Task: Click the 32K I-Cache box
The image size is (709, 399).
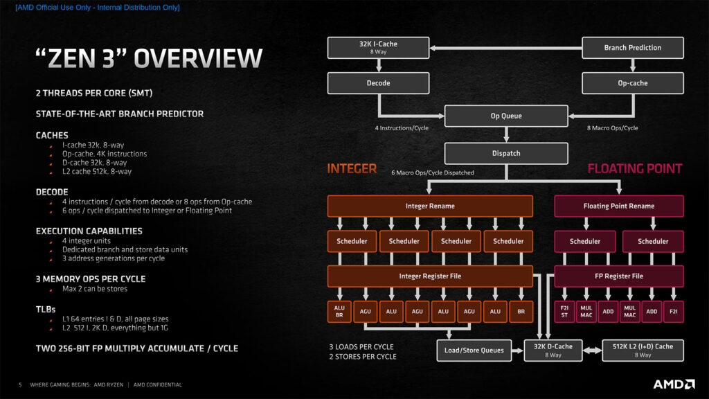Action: coord(378,47)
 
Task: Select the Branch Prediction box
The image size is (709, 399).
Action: coord(632,47)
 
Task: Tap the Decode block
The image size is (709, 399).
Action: coord(378,83)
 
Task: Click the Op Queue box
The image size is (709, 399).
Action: coord(506,116)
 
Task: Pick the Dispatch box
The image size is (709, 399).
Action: coord(506,153)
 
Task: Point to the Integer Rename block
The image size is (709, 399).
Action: coord(430,206)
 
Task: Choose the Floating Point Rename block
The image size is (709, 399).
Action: coord(618,206)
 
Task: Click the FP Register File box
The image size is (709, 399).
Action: coord(618,276)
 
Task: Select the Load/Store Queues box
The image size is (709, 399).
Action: coord(474,350)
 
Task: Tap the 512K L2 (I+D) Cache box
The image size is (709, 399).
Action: coord(643,350)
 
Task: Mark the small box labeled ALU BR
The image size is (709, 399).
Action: coord(339,312)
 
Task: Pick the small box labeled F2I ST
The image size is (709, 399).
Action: coord(565,312)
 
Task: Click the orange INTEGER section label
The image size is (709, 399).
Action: coord(352,168)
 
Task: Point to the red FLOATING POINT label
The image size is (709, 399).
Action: coord(635,168)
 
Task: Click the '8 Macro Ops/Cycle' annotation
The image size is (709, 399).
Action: coord(611,128)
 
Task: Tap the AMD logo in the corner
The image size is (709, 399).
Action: coord(674,384)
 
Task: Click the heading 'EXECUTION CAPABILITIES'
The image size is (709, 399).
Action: coord(89,231)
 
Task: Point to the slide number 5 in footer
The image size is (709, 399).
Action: coord(20,384)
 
